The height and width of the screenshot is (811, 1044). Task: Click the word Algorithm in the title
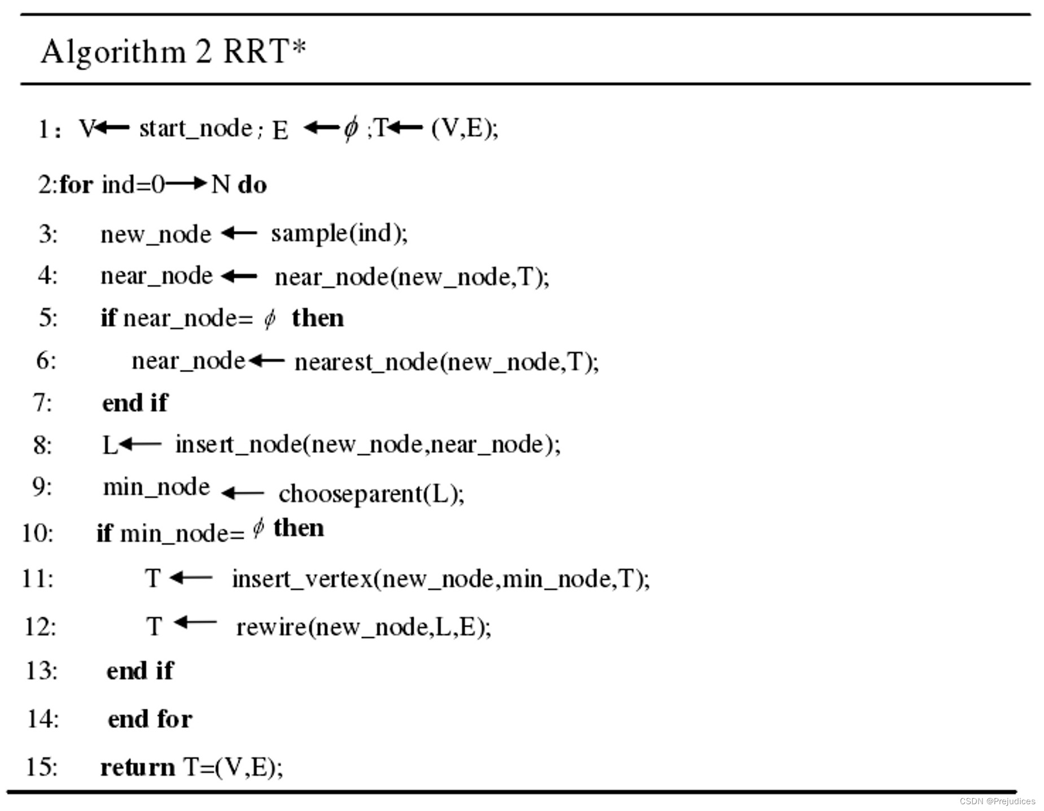[113, 53]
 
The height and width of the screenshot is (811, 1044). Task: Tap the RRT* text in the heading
[265, 51]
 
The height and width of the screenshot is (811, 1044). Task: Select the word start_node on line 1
[196, 129]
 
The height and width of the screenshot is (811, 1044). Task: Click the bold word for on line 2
[76, 185]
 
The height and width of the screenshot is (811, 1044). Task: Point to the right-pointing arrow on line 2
[186, 184]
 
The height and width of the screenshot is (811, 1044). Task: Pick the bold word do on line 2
[252, 185]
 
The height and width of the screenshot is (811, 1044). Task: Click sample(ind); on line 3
[339, 233]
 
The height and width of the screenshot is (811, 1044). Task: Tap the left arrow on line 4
[239, 277]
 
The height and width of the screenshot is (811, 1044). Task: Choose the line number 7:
[43, 403]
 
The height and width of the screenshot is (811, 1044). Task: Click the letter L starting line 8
[109, 446]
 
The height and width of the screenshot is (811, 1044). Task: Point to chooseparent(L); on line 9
[371, 494]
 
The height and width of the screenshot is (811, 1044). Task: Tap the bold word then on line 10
[299, 529]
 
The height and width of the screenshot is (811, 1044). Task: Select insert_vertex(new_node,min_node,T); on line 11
[441, 579]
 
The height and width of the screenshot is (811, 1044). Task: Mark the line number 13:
[41, 671]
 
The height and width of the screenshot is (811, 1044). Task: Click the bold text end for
[150, 720]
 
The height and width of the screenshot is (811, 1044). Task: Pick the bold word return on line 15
[138, 768]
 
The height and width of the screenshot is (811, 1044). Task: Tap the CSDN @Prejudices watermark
[997, 801]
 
